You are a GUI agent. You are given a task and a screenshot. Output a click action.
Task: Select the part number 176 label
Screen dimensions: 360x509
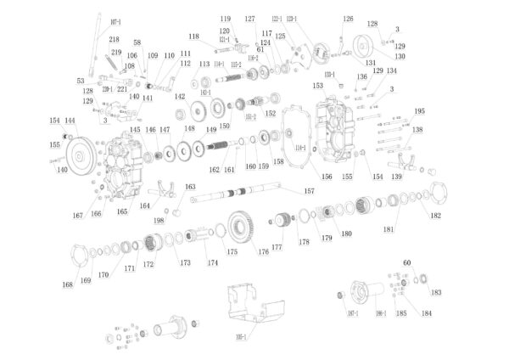[x=264, y=251]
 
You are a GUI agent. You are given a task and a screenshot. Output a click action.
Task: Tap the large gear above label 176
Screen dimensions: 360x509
[x=243, y=226]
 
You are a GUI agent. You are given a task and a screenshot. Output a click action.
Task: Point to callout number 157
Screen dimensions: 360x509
[x=310, y=192]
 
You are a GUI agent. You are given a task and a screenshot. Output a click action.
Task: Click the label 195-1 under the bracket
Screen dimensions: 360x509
[x=241, y=338]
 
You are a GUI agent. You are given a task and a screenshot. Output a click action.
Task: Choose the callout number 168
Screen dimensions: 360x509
[x=67, y=284]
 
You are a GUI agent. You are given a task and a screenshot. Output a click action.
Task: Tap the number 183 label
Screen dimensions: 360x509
[x=436, y=293]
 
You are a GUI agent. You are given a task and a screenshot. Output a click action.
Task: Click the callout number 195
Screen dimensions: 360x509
[x=419, y=111]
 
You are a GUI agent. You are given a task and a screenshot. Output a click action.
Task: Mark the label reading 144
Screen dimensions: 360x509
[x=70, y=121]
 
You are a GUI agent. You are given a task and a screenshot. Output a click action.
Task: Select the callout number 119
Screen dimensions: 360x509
[x=226, y=19]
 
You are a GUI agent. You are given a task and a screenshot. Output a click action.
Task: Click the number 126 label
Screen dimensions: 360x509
[x=348, y=19]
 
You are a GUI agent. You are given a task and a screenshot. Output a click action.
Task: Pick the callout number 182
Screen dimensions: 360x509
[x=435, y=216]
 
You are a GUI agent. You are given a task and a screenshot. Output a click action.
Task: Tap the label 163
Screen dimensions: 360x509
[x=190, y=187]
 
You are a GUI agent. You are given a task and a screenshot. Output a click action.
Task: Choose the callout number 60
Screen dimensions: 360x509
[x=406, y=263]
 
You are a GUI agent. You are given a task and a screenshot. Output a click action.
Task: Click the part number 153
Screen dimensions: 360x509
[x=318, y=85]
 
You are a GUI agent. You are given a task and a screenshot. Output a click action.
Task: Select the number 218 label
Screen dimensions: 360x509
[x=115, y=40]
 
